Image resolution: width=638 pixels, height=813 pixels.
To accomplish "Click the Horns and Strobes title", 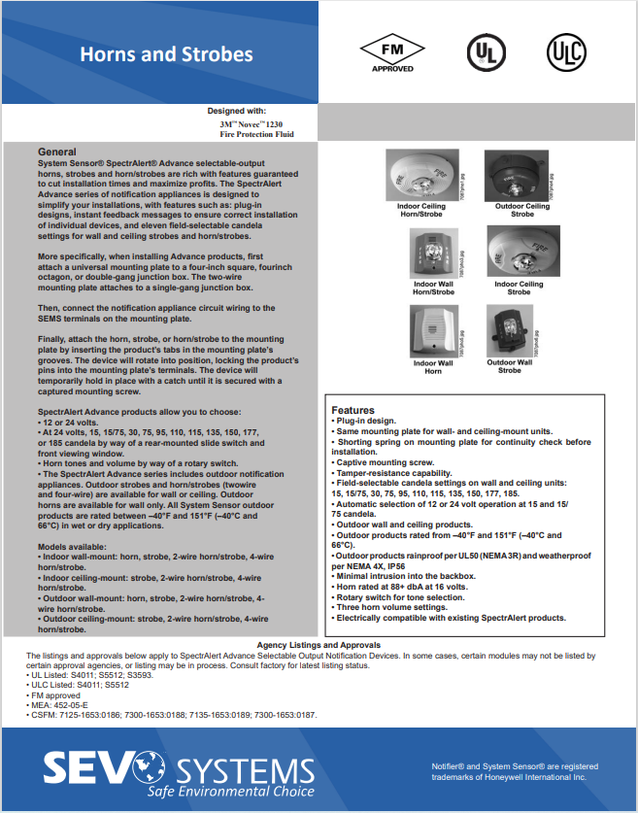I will pyautogui.click(x=166, y=54).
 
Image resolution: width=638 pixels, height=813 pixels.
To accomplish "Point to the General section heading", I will pyautogui.click(x=56, y=152).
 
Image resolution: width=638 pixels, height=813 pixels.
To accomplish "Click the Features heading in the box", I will pyautogui.click(x=353, y=410).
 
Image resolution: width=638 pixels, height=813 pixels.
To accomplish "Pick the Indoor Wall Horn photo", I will pyautogui.click(x=431, y=330).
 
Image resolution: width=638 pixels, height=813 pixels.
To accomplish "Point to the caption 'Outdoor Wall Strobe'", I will pyautogui.click(x=510, y=366).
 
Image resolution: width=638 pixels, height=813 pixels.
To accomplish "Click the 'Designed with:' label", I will pyautogui.click(x=236, y=112).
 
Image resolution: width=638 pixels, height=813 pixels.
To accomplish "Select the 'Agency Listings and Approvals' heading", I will pyautogui.click(x=319, y=645).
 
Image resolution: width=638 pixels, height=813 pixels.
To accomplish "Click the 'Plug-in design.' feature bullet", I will pyautogui.click(x=365, y=422).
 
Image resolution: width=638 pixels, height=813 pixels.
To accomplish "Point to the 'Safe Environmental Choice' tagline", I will pyautogui.click(x=232, y=791).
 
